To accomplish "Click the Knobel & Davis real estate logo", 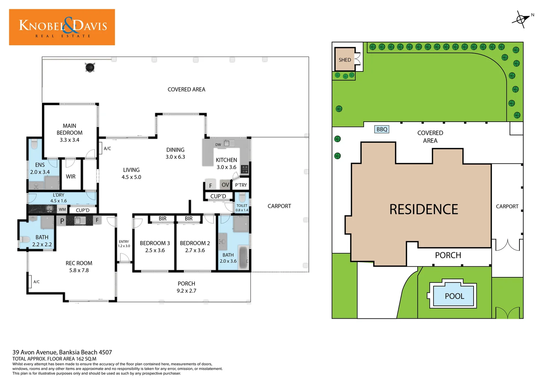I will point(62,27).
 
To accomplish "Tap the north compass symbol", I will point(521,19).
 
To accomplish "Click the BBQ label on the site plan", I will point(382,129).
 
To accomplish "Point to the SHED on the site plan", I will point(345,60).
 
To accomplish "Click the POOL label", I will point(454,296).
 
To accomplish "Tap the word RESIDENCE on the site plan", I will point(423,209).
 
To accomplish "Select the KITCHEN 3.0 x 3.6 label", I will point(226,163).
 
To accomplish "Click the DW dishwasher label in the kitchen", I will point(218,145).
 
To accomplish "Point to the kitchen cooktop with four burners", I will point(245,169).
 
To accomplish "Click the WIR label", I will point(71,176).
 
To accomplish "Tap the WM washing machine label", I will point(62,209).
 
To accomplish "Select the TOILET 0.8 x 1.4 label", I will point(242,208).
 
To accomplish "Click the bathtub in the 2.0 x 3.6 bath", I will point(243,258).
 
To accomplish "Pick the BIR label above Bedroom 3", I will point(163,219).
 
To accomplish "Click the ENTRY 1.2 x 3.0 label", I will point(124,244).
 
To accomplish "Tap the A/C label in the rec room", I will point(36,282).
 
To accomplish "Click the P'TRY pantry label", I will point(241,185).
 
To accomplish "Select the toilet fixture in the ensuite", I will point(34,144).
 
